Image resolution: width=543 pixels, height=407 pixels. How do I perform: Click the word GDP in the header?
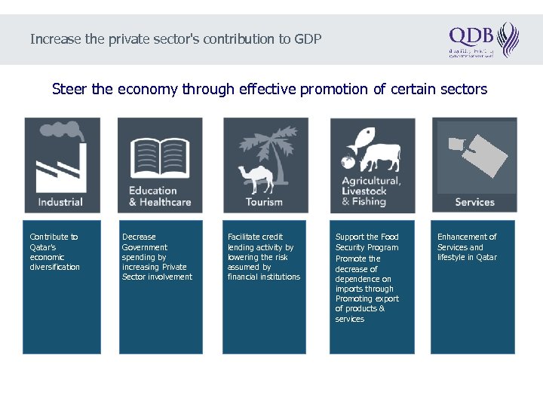tap(308, 38)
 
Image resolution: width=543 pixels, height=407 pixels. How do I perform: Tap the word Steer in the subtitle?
tap(69, 89)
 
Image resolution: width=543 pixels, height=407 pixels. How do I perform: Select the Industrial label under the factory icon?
tap(60, 202)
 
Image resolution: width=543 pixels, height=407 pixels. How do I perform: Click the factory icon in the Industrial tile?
tap(61, 162)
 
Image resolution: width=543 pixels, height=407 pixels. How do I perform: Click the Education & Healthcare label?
tap(160, 196)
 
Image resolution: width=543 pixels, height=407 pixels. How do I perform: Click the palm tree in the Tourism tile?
tap(275, 151)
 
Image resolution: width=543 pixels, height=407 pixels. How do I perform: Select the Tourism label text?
tap(264, 202)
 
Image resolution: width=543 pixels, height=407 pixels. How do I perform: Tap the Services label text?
tap(474, 202)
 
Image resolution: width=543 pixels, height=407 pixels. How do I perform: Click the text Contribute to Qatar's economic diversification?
tap(54, 252)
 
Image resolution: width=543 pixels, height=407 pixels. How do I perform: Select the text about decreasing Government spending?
tap(157, 257)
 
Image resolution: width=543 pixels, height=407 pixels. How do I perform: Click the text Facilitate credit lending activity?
tap(263, 257)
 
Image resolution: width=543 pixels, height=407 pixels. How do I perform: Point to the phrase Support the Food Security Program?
tap(367, 242)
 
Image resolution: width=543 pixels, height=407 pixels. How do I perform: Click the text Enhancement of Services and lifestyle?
tap(467, 247)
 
